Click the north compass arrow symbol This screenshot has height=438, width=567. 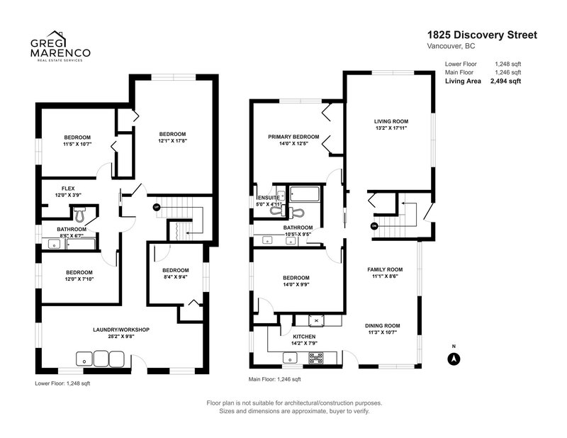point(454,359)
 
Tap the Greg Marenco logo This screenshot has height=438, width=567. point(60,46)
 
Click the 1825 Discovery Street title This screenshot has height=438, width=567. point(482,35)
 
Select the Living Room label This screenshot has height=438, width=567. point(391,121)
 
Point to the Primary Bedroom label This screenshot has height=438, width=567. point(293,137)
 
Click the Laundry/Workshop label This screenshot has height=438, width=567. point(121,330)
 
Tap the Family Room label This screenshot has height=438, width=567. point(385,269)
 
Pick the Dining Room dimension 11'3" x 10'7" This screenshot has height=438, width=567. point(382,332)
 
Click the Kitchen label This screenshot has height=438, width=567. point(304,337)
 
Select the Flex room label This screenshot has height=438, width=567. point(68,189)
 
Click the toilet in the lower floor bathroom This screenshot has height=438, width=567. point(80,214)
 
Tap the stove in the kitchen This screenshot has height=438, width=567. point(315,358)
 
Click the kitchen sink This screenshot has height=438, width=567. point(290,359)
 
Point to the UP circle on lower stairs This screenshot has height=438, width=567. point(156,207)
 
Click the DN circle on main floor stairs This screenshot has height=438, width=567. point(374,226)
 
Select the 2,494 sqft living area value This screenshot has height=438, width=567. point(505,81)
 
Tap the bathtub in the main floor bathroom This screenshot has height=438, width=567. point(305,194)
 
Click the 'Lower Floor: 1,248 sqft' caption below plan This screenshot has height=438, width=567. point(62,383)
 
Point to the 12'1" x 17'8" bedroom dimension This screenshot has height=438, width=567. point(172,141)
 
